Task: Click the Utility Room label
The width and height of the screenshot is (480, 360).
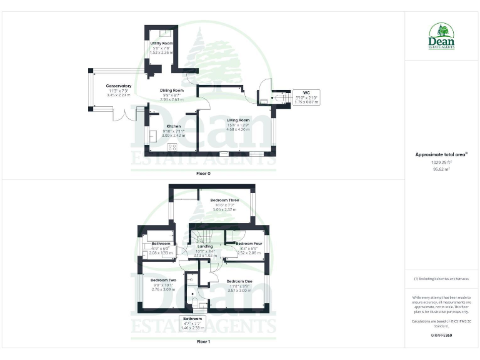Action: [x=161, y=43]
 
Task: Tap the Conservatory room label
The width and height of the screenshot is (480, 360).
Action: [x=119, y=86]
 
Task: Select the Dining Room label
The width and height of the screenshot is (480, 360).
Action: [x=171, y=91]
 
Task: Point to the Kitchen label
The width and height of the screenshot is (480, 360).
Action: [x=156, y=126]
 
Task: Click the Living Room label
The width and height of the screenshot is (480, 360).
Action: [x=238, y=120]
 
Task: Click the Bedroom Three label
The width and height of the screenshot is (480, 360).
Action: [x=224, y=200]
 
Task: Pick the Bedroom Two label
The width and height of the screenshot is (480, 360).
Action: [x=163, y=280]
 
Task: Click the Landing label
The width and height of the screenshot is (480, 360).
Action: [x=205, y=246]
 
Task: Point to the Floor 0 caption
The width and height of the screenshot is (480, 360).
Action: [x=204, y=172]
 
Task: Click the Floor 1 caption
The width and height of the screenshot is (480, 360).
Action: [x=204, y=342]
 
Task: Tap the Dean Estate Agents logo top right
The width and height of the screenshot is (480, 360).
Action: [x=441, y=36]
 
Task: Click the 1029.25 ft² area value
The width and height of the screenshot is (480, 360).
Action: [x=441, y=162]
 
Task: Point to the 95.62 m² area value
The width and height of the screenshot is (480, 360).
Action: [x=441, y=169]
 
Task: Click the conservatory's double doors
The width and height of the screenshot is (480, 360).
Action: [x=130, y=114]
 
